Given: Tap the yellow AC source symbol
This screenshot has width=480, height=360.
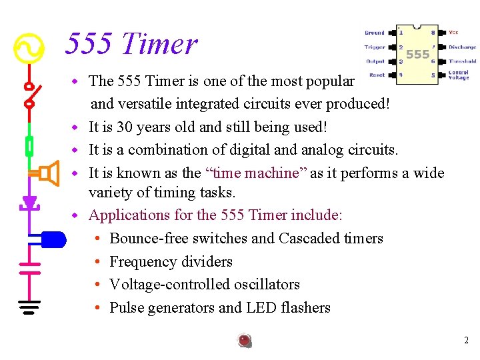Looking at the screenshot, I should pos(29,48).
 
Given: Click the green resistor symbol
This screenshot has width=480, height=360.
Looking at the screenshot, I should pos(29,145).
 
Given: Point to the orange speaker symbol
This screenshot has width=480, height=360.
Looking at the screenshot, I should pos(48,174).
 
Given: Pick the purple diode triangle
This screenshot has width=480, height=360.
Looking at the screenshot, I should pos(29,201).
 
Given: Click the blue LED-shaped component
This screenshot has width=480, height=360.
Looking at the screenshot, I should pos(53,238).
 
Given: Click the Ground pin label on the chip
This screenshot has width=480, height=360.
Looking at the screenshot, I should pos(374,32).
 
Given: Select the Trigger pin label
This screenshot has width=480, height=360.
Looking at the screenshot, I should pos(374,47).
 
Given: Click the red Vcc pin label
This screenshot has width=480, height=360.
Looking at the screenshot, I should pos(453,32).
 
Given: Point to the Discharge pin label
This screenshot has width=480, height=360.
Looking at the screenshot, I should pos(462,47).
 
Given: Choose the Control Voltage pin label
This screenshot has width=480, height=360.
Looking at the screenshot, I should pos(459,75).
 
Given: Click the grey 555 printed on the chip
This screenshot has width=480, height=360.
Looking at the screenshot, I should pos(417,54).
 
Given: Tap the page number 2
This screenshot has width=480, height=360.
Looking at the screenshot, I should pos(466,341).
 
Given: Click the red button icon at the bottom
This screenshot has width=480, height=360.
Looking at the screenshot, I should pos(245,341).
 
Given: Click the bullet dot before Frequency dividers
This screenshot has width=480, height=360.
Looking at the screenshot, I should pos(97,262).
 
